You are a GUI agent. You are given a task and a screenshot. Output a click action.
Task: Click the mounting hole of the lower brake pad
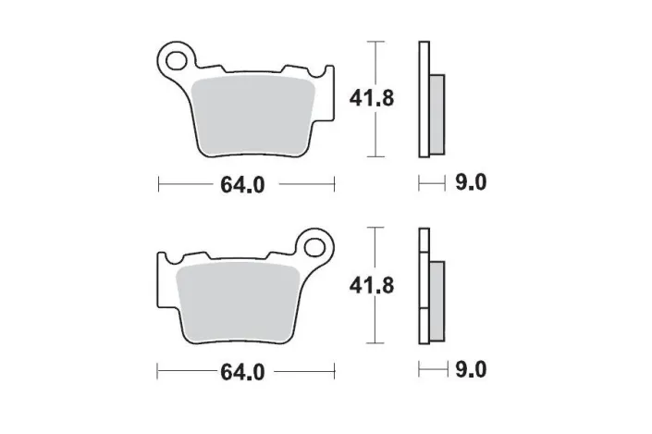tap(317, 250)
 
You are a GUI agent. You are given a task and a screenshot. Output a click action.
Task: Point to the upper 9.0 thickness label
tap(470, 183)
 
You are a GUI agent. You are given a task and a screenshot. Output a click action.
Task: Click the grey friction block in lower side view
tap(437, 294)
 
